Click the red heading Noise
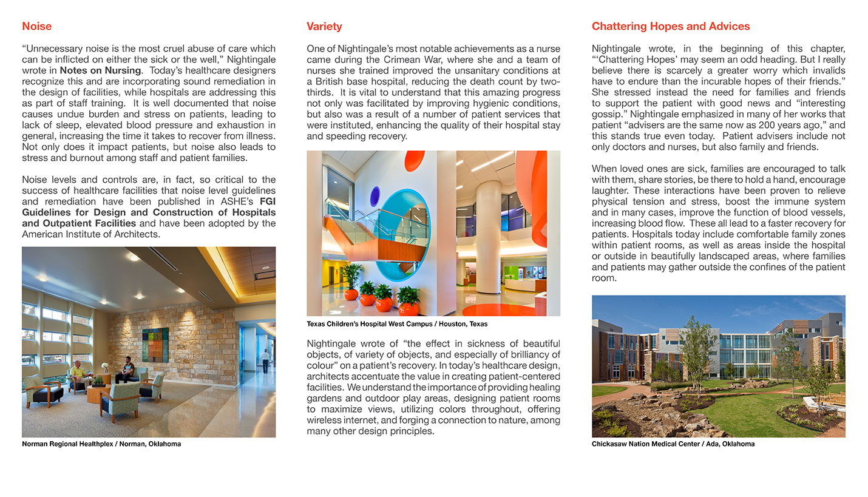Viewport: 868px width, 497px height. pyautogui.click(x=36, y=26)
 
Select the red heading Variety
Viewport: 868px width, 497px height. pyautogui.click(x=324, y=26)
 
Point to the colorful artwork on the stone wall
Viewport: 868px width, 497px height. pyautogui.click(x=155, y=344)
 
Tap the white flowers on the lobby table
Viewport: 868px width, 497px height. pyautogui.click(x=104, y=367)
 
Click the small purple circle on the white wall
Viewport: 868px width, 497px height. pyautogui.click(x=375, y=195)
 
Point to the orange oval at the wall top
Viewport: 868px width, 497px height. pyautogui.click(x=415, y=160)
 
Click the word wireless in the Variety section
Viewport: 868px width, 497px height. pyautogui.click(x=325, y=420)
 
